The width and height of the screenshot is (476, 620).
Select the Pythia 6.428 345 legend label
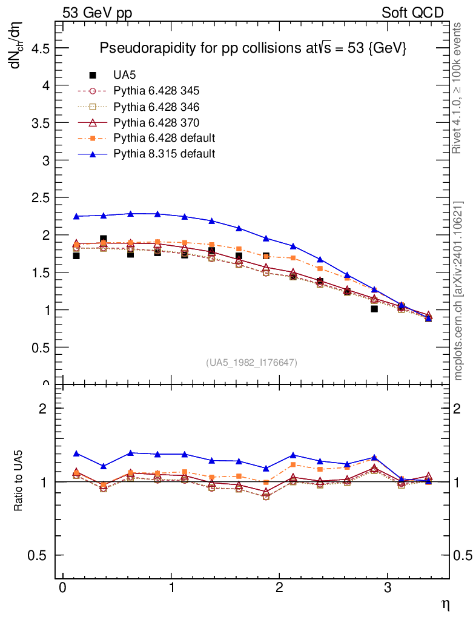(x=156, y=91)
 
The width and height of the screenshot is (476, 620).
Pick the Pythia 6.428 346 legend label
(x=156, y=107)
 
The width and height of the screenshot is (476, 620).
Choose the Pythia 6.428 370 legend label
(x=156, y=122)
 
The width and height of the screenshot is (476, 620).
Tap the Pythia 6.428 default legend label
(x=164, y=137)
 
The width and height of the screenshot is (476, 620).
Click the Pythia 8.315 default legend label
(x=164, y=153)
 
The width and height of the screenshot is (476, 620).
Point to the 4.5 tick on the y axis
(x=40, y=48)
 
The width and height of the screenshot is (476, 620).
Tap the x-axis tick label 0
(x=62, y=588)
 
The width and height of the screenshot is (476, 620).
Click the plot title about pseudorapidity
(x=252, y=49)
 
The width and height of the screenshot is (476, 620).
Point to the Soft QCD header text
(x=412, y=13)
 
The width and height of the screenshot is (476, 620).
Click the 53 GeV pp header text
(x=98, y=13)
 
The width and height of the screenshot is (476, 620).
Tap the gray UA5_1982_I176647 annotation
(x=252, y=362)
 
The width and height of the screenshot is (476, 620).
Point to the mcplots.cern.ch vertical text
(x=458, y=291)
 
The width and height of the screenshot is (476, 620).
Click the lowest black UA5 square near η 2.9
(x=374, y=309)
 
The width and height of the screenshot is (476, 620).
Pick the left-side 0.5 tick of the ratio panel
(x=40, y=555)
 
